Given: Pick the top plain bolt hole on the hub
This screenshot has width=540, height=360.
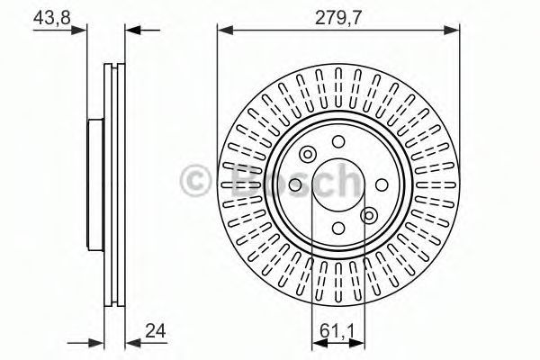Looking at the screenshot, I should click(x=338, y=141).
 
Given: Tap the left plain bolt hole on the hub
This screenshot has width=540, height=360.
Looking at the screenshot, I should click(x=294, y=185).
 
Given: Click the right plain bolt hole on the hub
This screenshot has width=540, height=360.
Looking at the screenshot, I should click(x=382, y=185).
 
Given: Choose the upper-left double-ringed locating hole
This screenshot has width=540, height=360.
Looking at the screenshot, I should click(x=308, y=154).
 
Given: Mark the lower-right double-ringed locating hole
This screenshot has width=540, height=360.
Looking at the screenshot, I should click(x=369, y=216).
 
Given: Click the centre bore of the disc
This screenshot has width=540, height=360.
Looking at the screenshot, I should click(x=338, y=185).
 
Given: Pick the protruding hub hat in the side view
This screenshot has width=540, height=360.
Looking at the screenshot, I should click(x=93, y=184).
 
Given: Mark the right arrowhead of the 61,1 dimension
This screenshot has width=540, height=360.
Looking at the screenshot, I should click(x=362, y=342).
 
